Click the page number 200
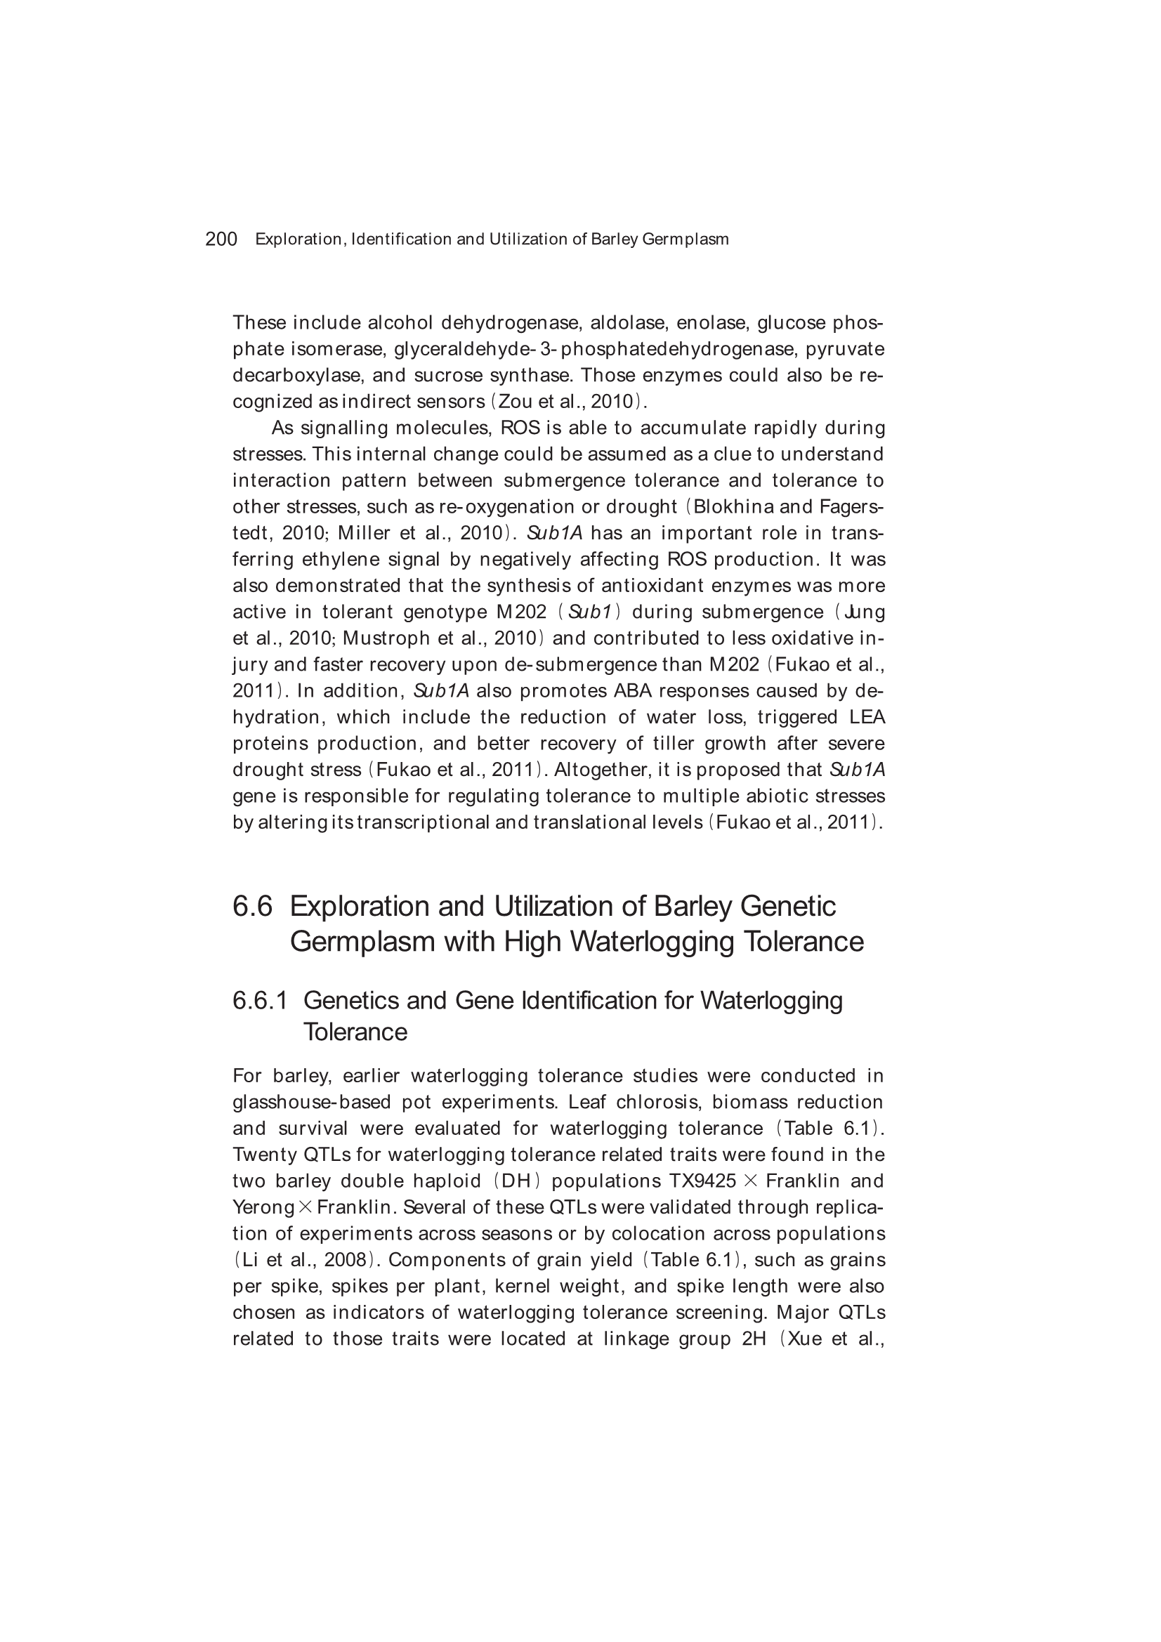221,239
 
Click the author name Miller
364,534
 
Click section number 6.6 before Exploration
253,906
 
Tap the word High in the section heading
532,941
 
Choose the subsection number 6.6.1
260,1001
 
